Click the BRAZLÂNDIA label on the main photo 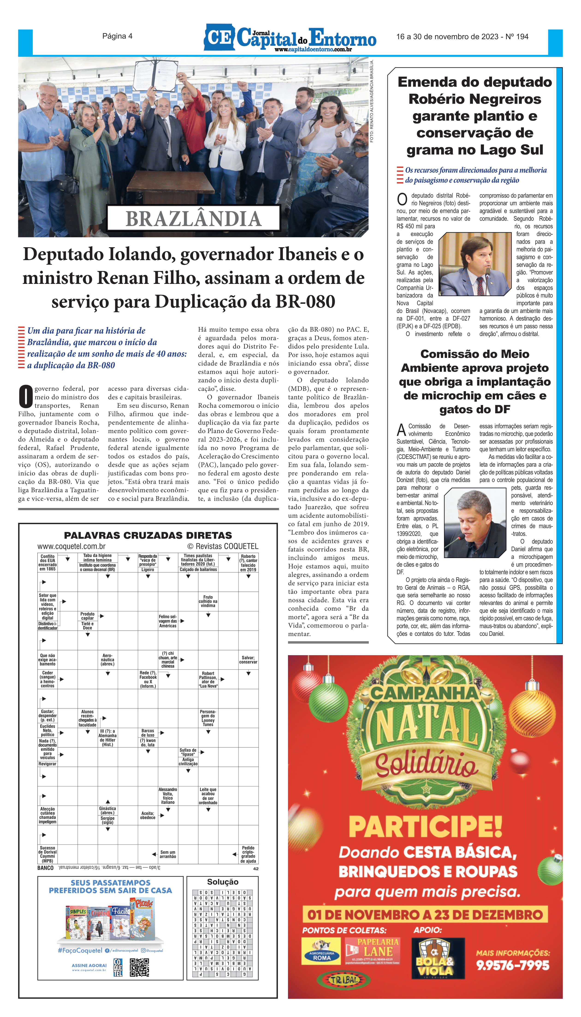(x=193, y=219)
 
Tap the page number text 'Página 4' (x=117, y=36)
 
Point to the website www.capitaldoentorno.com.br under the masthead (x=313, y=50)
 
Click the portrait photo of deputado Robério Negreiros (x=474, y=264)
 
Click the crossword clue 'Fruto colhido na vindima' (x=208, y=601)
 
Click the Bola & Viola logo (x=435, y=958)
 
